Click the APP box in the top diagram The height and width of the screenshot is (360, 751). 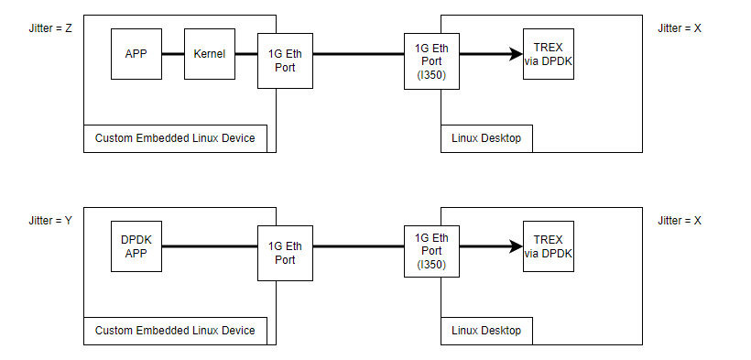136,54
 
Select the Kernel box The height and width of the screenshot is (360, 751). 210,54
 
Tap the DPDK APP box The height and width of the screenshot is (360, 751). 136,246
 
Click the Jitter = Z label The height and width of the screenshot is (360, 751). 50,28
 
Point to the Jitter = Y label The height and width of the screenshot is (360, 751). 50,221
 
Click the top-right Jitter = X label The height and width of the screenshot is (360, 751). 680,28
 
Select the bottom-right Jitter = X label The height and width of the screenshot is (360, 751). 680,221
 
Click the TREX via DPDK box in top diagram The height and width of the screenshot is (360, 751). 549,54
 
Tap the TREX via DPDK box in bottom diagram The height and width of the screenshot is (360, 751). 549,246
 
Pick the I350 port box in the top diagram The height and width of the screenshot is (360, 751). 430,61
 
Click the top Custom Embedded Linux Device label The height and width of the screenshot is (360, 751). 175,138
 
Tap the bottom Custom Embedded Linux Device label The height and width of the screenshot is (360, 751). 175,330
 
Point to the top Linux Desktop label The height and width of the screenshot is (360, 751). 485,138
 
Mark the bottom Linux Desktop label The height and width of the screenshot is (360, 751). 485,330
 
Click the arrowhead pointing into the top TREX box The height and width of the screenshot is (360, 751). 516,54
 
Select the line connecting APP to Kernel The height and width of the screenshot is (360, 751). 173,54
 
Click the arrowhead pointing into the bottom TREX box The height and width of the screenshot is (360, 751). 516,246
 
